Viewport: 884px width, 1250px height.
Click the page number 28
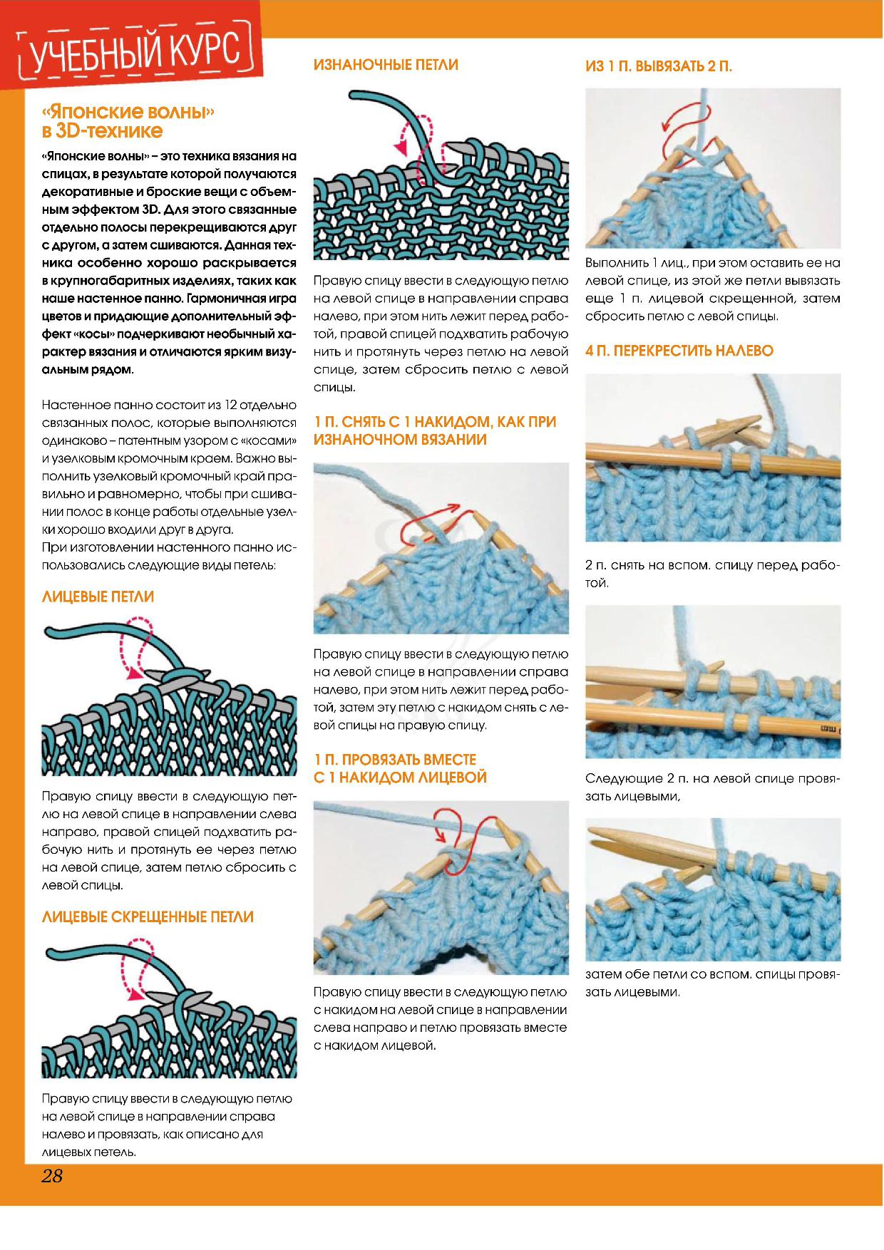(x=52, y=1175)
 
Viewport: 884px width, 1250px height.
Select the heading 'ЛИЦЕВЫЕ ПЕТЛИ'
(x=98, y=596)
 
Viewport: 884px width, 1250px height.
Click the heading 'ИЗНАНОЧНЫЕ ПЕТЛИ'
(x=386, y=65)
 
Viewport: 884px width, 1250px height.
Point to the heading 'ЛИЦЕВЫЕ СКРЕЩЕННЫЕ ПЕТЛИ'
(x=148, y=916)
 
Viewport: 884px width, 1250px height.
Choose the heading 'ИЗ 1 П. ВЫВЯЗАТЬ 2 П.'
(x=659, y=66)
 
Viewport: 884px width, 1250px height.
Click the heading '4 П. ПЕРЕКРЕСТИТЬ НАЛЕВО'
(x=679, y=351)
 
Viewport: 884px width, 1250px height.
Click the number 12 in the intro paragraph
(x=231, y=405)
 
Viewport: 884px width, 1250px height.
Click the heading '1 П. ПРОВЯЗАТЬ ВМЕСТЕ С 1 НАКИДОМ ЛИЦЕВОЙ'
(x=399, y=768)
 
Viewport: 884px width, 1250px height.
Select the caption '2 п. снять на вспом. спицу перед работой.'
(x=712, y=574)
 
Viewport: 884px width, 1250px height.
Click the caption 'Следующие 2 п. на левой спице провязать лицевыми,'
(x=712, y=787)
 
